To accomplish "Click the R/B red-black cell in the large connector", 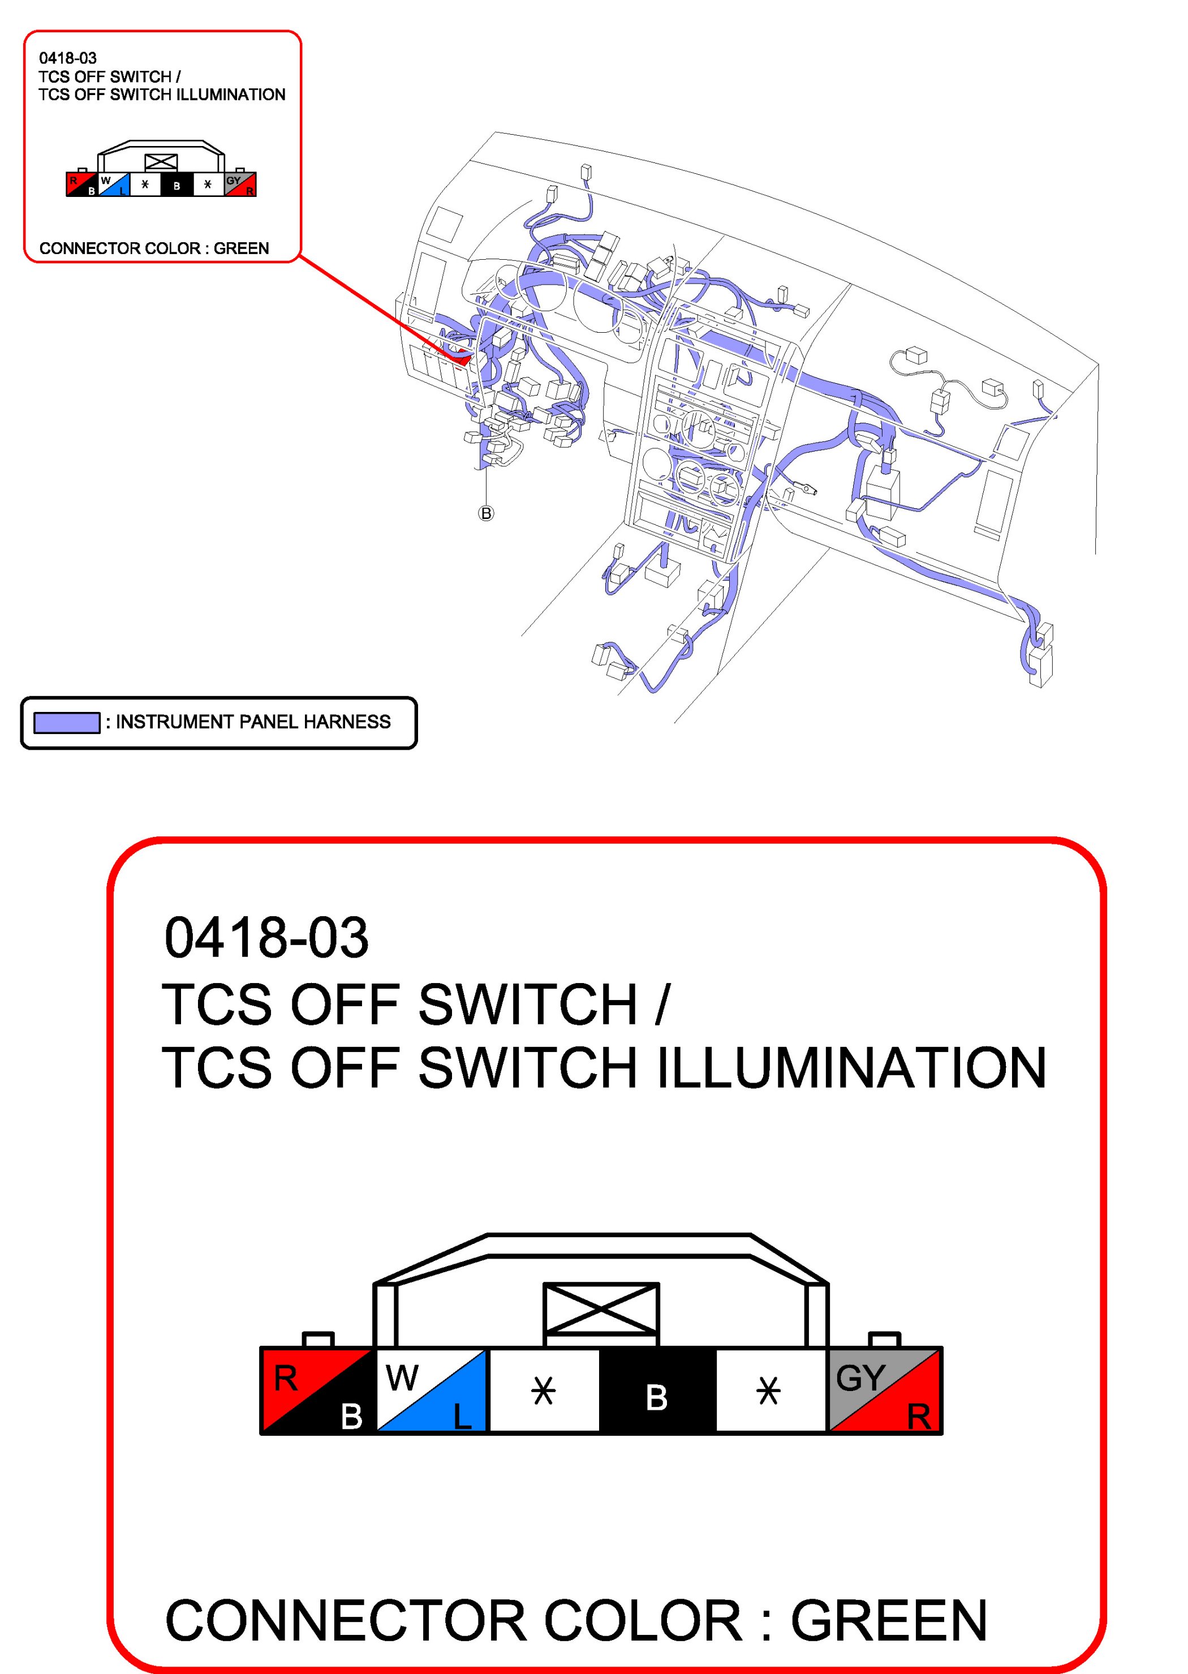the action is coord(317,1389).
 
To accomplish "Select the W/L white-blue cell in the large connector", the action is coord(431,1389).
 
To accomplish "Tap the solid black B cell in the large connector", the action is coord(657,1389).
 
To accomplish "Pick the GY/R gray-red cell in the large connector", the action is coord(884,1389).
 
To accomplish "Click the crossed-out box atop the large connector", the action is coord(601,1309).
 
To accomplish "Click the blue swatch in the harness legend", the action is coord(67,722).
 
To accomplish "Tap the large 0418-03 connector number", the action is coord(266,938).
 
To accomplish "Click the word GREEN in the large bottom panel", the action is coord(889,1621).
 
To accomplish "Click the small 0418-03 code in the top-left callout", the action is coord(68,58).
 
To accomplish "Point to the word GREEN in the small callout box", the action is coord(242,249).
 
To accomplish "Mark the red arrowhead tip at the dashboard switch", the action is coord(465,360).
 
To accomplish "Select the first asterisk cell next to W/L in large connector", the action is coord(544,1389).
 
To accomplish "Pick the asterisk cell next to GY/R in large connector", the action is coord(769,1389).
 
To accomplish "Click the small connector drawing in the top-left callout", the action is coord(161,170).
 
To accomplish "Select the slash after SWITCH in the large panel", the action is coord(662,1004).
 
